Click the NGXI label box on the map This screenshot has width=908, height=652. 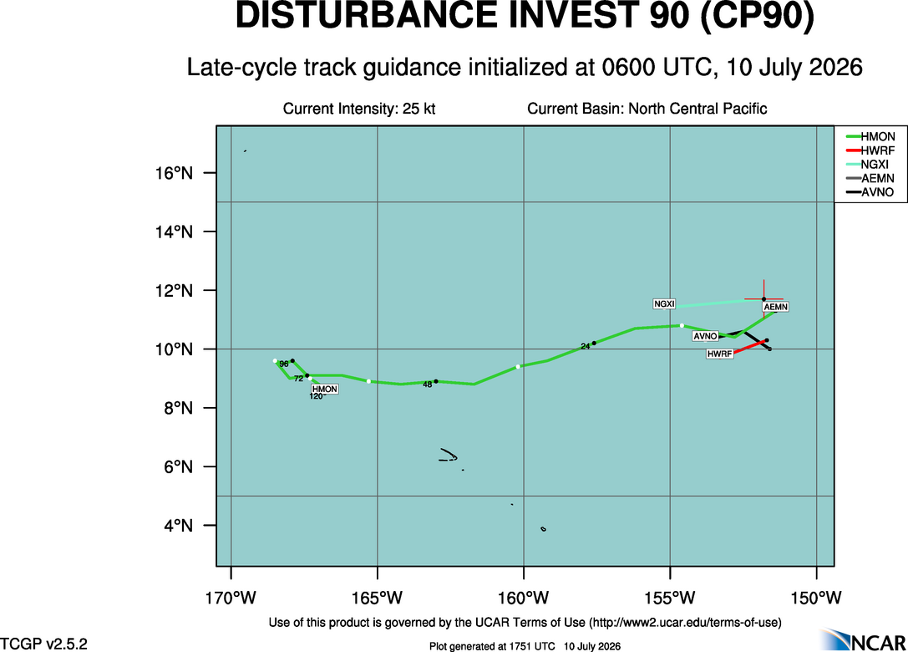tap(664, 303)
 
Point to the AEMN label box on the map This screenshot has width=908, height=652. tap(775, 307)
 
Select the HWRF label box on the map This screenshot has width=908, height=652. tap(720, 354)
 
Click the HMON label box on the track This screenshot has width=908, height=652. tap(324, 390)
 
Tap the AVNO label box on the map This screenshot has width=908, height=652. tap(705, 336)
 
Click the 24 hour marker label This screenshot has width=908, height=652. tap(586, 347)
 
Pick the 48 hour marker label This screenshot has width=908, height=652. tap(428, 385)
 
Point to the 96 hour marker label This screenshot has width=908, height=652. tap(284, 364)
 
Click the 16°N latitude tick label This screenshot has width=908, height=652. tap(173, 173)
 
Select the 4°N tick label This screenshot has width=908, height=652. tap(178, 526)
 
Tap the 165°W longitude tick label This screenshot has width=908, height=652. tap(378, 598)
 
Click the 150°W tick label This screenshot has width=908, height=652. tap(816, 598)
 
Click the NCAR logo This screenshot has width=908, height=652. tap(863, 639)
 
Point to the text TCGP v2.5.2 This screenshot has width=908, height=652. tap(44, 644)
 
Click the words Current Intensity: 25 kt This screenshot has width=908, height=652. tap(359, 109)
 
